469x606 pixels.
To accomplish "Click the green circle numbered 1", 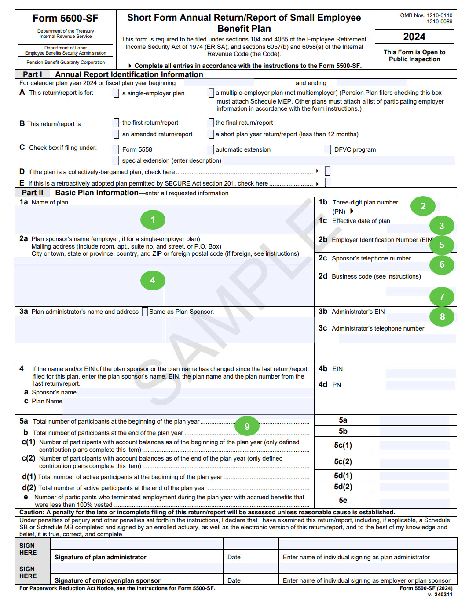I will [153, 219].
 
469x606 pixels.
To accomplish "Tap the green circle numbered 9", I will [247, 426].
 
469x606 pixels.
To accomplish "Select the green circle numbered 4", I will [153, 280].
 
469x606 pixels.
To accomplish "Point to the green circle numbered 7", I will [442, 297].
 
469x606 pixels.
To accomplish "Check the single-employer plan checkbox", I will [116, 93].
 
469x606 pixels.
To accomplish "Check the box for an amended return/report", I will [116, 134].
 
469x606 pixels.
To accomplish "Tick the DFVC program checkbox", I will [328, 150].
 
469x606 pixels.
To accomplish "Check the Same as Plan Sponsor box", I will [145, 312].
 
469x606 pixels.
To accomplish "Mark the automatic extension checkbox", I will [211, 150].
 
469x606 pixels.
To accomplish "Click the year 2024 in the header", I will [414, 37].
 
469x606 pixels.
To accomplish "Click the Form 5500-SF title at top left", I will [66, 19].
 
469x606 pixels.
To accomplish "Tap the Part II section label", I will [33, 193].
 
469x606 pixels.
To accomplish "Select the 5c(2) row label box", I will [343, 461].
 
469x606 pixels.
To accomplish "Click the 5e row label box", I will [343, 500].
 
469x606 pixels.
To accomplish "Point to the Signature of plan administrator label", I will [100, 557].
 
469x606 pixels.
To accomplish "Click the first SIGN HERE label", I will [28, 549].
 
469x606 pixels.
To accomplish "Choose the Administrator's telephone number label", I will [377, 328].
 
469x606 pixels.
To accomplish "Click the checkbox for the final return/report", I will [211, 123].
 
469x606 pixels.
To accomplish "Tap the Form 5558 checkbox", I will [116, 150].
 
